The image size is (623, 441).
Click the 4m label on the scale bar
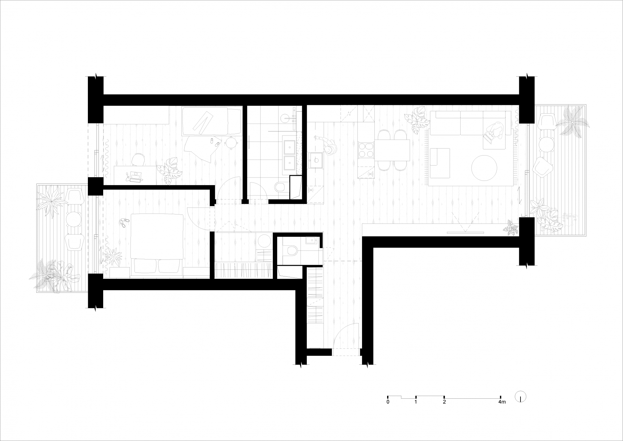point(502,402)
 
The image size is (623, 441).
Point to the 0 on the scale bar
point(388,402)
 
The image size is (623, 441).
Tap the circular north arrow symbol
point(520,397)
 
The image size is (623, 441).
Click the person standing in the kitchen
point(326,145)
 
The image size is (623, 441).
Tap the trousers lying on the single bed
point(203,122)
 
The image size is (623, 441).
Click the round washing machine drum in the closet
point(265,241)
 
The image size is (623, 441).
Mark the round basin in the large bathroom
point(286,117)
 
